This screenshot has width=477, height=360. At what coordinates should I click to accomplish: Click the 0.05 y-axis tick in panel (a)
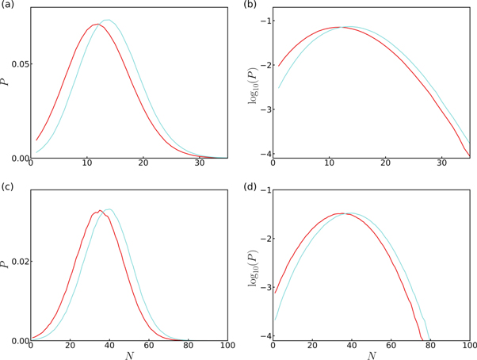coord(16,63)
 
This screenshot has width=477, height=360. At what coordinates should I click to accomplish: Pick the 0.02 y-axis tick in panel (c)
coord(16,261)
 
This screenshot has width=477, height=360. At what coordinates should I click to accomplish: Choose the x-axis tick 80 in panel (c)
coord(188,347)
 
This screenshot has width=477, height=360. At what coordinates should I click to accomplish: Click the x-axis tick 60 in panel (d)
coord(391,347)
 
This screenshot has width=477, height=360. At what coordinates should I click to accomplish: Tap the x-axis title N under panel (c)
coord(129,356)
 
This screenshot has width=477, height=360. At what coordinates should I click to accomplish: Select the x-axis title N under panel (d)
coord(372,356)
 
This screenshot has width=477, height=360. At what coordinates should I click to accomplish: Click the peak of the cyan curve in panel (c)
coord(109,209)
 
